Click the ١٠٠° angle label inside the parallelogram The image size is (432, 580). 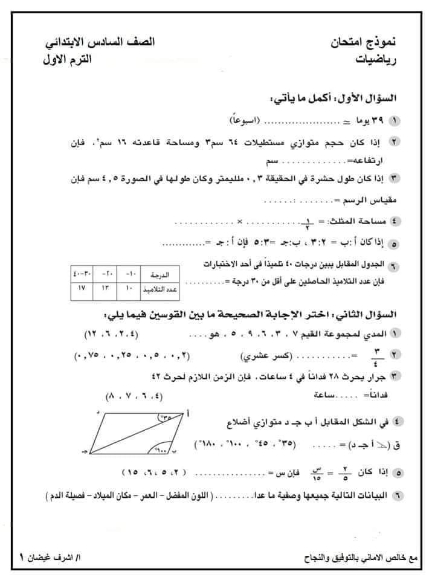tap(161, 450)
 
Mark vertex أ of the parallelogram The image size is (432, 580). tap(189, 413)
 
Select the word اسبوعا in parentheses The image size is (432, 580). tap(239, 121)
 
